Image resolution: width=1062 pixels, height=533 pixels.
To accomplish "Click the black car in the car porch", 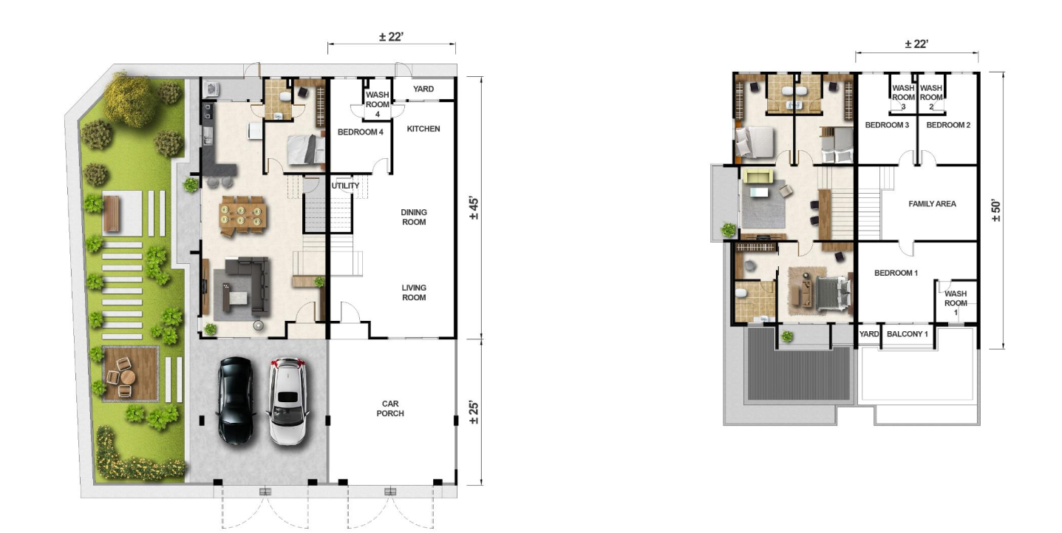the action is pos(236,401).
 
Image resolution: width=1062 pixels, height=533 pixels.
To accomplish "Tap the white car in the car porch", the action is pos(287,401).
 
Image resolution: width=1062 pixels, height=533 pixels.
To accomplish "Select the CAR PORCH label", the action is pos(390,409).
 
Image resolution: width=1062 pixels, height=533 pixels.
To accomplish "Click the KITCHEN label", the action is pos(423,129).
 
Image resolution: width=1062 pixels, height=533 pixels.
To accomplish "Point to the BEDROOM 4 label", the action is pos(361,132).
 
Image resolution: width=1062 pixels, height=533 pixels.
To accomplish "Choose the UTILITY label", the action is pos(345,186).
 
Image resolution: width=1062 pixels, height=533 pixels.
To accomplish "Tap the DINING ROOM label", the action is pos(414,217).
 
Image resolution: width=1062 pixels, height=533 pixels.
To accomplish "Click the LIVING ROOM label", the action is pos(414,293).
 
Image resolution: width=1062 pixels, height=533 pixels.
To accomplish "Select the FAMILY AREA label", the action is pos(932,204).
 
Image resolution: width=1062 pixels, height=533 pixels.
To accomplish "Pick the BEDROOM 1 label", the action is pos(896,273).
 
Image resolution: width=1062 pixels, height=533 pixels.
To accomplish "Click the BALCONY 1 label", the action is pos(908,334).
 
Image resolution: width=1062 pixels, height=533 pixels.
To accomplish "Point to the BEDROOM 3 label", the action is pos(887,125).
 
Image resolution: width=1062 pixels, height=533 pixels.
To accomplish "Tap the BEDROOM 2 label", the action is pos(948,125).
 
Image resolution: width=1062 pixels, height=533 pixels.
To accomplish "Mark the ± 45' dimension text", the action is pos(474,208).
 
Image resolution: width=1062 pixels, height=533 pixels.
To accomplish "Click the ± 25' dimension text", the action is pos(474,413).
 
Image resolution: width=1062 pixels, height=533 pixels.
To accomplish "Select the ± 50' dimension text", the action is pos(995,211).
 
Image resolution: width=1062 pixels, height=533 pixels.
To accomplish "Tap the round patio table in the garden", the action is pos(128,378).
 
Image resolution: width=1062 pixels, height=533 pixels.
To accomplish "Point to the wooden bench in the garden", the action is pos(112,214).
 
